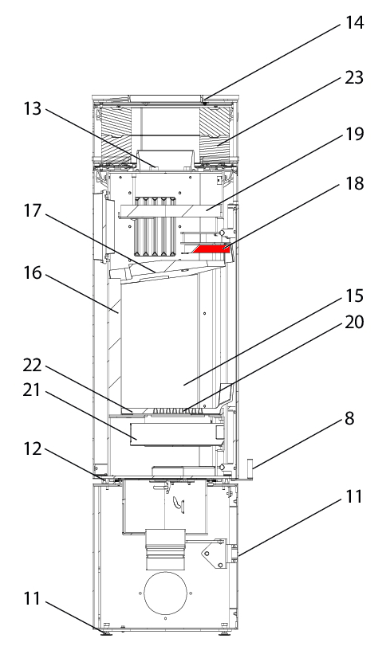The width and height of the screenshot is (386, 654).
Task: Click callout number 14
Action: (x=354, y=22)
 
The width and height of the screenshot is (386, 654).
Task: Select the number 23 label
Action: (x=354, y=77)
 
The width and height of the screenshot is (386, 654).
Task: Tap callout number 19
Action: (x=354, y=134)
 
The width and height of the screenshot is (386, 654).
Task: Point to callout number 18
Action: (x=354, y=183)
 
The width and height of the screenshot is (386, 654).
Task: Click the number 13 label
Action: (x=32, y=109)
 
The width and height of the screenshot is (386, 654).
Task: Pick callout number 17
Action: (x=32, y=210)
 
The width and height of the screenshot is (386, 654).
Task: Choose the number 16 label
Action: (x=32, y=273)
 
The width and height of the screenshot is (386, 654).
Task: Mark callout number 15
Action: (x=354, y=296)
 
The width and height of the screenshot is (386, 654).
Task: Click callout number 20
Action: (x=354, y=322)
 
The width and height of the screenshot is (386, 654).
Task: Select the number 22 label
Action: (x=32, y=366)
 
